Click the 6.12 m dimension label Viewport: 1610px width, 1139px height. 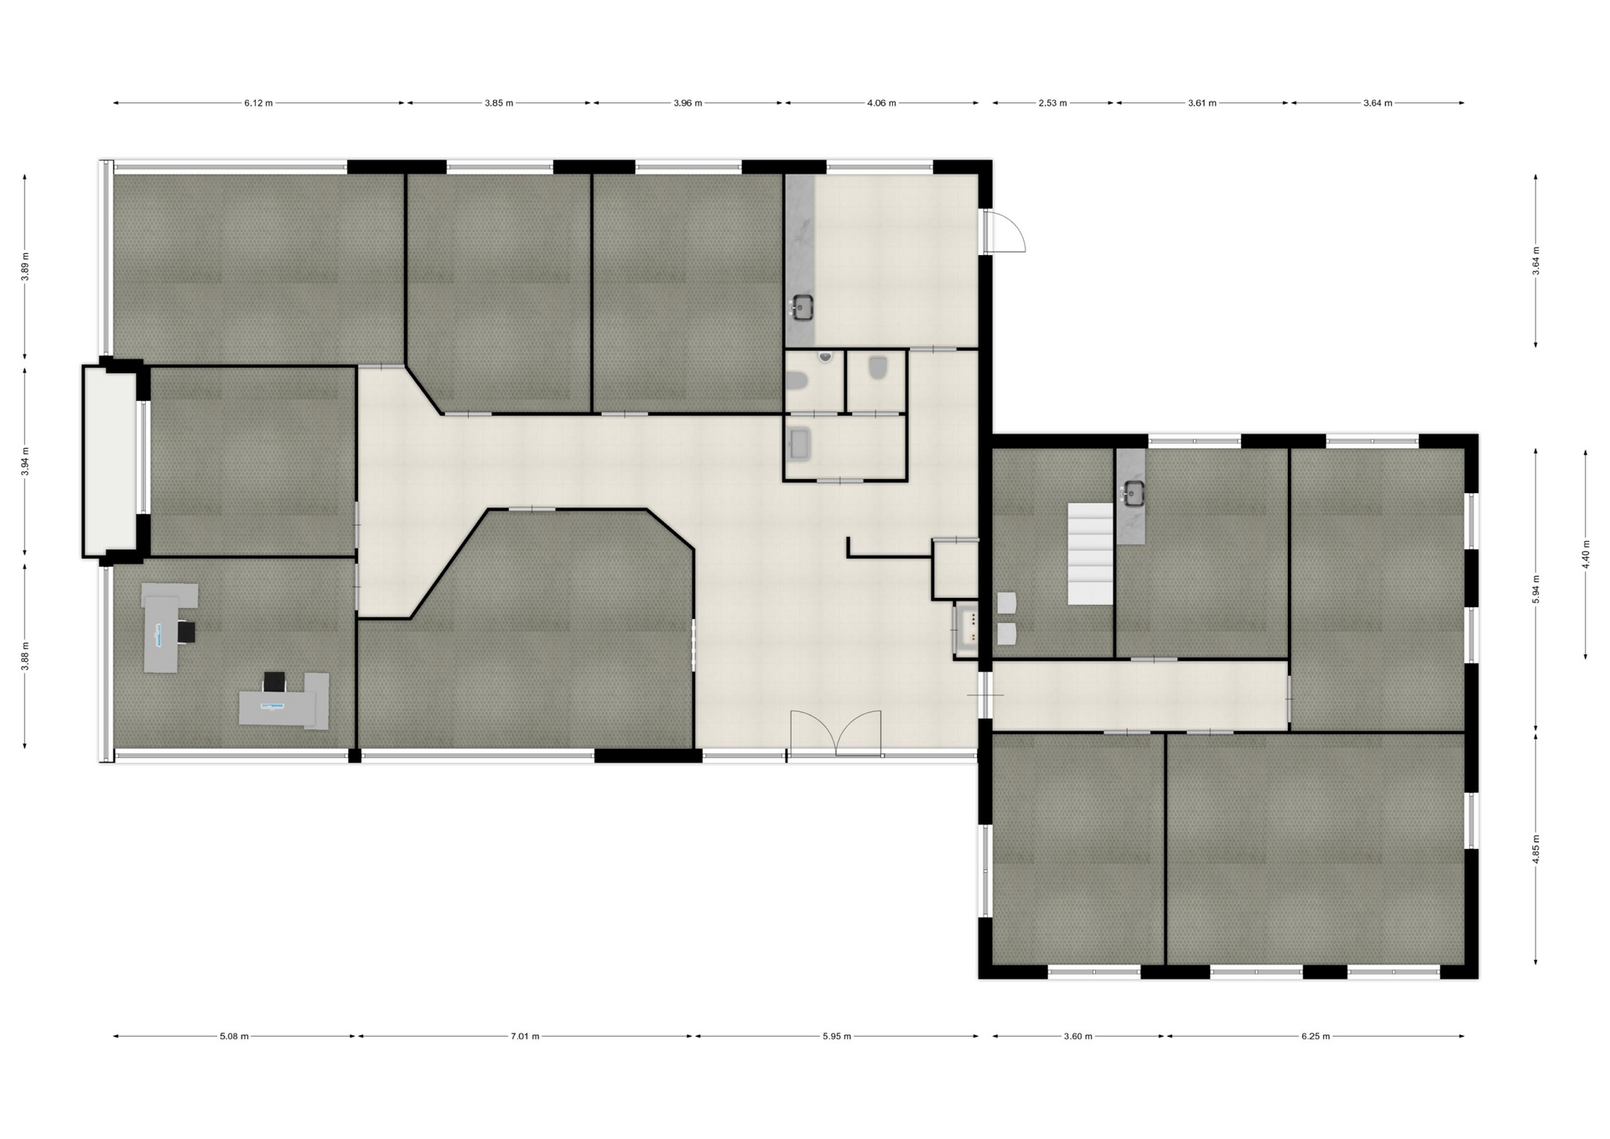[258, 103]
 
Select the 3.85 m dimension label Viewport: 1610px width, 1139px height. [498, 103]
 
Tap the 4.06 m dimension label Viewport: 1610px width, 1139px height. [881, 103]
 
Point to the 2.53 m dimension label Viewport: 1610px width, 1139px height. [1052, 103]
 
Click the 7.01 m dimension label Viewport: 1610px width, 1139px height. [525, 1036]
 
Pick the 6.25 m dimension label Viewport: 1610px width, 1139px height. [1316, 1036]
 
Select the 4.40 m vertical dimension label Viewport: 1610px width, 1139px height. [1586, 554]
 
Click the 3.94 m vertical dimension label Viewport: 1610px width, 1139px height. [25, 461]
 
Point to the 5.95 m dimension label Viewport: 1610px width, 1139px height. [836, 1036]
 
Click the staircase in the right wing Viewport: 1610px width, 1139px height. [1089, 554]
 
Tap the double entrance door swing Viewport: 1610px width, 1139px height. [836, 734]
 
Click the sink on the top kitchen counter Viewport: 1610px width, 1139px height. [802, 308]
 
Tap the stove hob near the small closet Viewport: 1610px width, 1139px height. [967, 629]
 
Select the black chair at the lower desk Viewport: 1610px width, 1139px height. [274, 682]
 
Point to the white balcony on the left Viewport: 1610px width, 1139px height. [110, 461]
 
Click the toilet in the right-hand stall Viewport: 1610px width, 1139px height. [878, 368]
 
